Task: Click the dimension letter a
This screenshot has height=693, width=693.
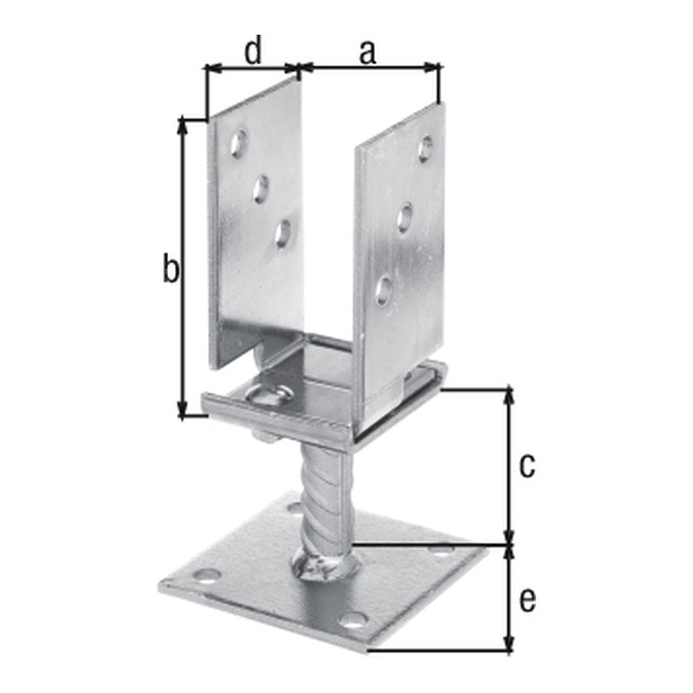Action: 367,52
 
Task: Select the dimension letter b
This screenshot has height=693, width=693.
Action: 171,268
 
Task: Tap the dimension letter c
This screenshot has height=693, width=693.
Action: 527,466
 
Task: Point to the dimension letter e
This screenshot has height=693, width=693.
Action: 528,600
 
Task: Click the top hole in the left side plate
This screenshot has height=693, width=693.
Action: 239,143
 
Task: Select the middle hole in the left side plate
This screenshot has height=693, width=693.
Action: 261,189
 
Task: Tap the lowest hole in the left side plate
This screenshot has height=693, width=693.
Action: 282,233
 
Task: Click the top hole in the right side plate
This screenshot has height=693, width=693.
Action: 425,148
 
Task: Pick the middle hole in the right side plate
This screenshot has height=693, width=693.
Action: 405,217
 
